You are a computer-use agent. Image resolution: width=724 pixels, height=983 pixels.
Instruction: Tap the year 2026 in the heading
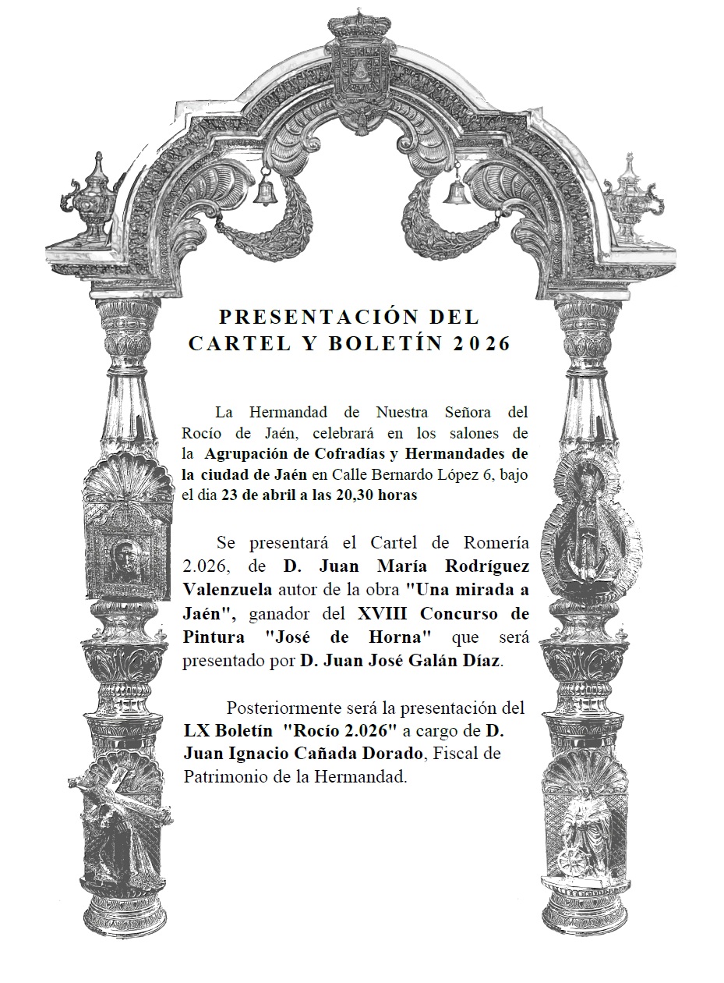479,344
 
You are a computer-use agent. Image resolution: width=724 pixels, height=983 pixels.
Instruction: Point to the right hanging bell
454,190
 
